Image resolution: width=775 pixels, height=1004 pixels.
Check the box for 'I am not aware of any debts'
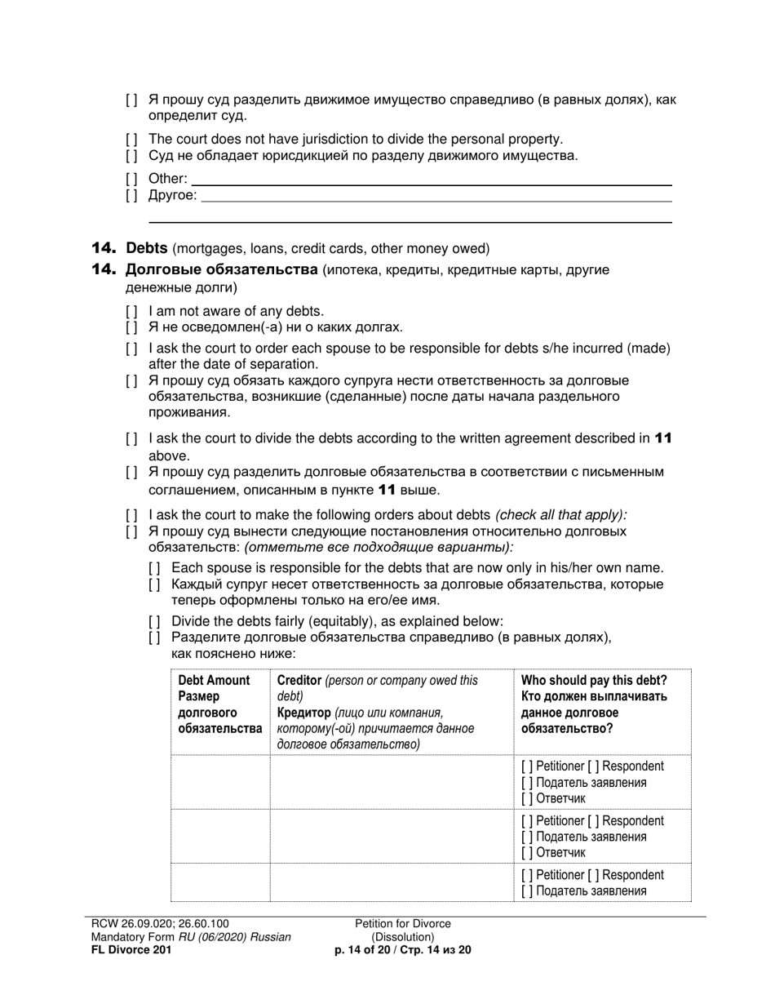132,311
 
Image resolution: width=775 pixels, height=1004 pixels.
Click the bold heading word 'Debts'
147,248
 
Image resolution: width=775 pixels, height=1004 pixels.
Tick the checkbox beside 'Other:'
132,179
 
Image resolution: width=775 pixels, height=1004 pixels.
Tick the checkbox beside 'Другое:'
132,196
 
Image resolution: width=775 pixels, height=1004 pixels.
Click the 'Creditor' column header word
299,680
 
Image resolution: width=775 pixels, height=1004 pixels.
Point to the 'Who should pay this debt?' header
594,680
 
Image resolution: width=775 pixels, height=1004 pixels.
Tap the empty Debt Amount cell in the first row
219,782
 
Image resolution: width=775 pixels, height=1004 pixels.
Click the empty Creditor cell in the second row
391,837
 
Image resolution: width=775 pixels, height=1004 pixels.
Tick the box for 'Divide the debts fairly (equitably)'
155,621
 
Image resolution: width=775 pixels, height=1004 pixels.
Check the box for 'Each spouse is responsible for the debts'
155,568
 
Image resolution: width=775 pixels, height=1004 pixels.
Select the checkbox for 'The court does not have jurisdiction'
132,140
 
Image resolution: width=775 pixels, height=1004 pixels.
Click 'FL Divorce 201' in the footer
131,950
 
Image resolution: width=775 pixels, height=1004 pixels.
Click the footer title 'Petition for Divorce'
402,924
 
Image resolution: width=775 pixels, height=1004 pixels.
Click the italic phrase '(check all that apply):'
561,515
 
